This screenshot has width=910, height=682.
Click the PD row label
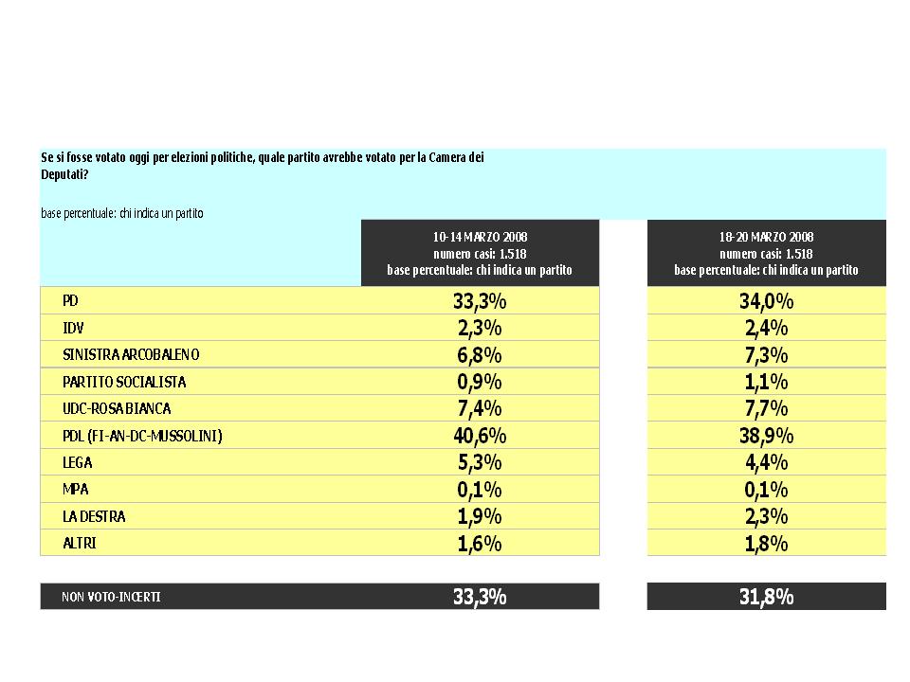click(70, 301)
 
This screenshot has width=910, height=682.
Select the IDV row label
click(73, 329)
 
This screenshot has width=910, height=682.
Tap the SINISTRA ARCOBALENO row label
click(131, 355)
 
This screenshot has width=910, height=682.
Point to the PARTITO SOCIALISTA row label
click(124, 382)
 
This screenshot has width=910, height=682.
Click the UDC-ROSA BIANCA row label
click(117, 409)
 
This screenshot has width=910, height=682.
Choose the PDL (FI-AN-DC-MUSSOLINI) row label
click(143, 436)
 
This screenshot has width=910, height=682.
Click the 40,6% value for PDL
click(480, 436)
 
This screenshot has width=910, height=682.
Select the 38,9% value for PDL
click(766, 436)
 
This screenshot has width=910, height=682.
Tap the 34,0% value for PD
click(766, 301)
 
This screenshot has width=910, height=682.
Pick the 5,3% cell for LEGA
click(480, 463)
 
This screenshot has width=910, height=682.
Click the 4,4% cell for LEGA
click(766, 463)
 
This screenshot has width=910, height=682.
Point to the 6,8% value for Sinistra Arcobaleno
click(480, 355)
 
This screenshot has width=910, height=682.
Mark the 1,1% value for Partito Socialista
click(766, 382)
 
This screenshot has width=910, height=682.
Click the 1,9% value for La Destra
click(480, 517)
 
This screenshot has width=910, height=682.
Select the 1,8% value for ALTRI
click(766, 544)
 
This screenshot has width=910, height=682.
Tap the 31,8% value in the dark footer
click(766, 597)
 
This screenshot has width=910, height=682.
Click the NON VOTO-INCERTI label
click(112, 597)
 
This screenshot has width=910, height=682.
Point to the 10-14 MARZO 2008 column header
click(480, 237)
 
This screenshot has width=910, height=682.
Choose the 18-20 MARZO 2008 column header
click(766, 237)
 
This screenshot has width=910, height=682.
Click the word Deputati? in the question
click(64, 174)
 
